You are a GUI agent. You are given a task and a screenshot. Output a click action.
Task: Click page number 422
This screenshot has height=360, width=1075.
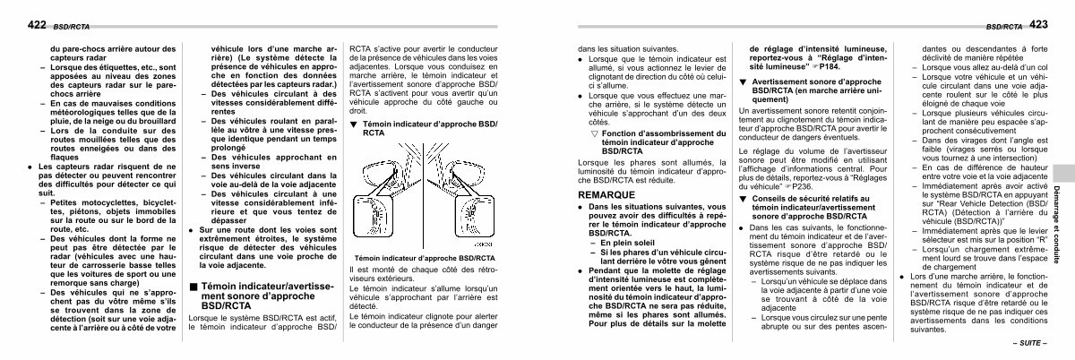(x=13, y=26)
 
